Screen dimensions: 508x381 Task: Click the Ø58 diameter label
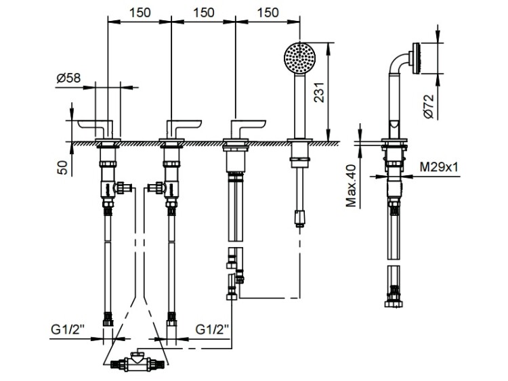pyautogui.click(x=68, y=78)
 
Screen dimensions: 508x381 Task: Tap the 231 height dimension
pyautogui.click(x=320, y=92)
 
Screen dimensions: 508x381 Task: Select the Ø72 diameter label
pyautogui.click(x=428, y=106)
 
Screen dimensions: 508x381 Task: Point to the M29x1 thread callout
pyautogui.click(x=439, y=167)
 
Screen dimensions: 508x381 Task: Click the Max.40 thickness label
pyautogui.click(x=351, y=186)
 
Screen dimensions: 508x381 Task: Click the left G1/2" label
pyautogui.click(x=68, y=330)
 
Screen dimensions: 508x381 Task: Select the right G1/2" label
pyautogui.click(x=212, y=330)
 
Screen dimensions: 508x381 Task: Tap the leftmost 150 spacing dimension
pyautogui.click(x=140, y=13)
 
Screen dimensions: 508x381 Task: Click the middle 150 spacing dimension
pyautogui.click(x=204, y=13)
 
